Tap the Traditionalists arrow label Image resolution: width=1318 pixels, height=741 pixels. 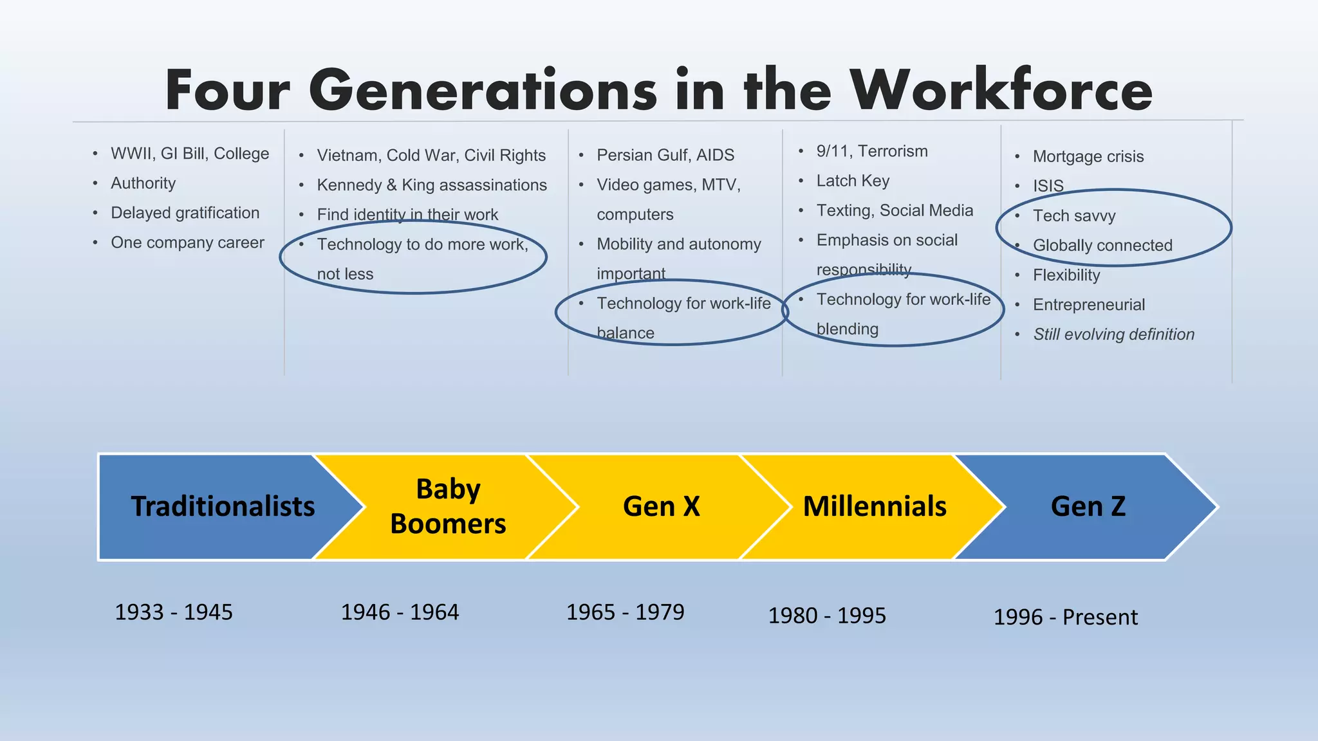pyautogui.click(x=223, y=506)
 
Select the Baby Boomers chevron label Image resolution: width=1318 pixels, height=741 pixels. pyautogui.click(x=448, y=506)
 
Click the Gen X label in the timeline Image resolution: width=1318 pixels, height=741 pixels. pyautogui.click(x=661, y=506)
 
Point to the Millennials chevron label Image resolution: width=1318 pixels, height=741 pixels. pyautogui.click(x=875, y=506)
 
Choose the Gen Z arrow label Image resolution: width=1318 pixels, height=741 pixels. pyautogui.click(x=1088, y=506)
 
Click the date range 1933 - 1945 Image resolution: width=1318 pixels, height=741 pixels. pyautogui.click(x=174, y=612)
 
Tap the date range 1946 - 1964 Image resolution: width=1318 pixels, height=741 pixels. pyautogui.click(x=400, y=612)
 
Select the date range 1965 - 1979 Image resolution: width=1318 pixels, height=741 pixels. pyautogui.click(x=625, y=612)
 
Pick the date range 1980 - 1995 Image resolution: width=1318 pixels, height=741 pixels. pyautogui.click(x=827, y=616)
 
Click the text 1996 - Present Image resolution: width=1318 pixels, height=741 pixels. pyautogui.click(x=1065, y=617)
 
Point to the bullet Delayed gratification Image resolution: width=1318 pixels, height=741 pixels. pyautogui.click(x=185, y=213)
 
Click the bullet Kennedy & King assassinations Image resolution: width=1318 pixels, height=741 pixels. pyautogui.click(x=431, y=185)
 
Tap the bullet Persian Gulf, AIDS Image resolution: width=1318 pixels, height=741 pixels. pyautogui.click(x=665, y=155)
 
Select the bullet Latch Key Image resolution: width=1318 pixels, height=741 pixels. pyautogui.click(x=853, y=181)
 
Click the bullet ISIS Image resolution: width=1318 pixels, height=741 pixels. pyautogui.click(x=1048, y=186)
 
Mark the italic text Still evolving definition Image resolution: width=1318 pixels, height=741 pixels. pyautogui.click(x=1113, y=334)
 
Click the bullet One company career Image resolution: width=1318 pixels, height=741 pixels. pyautogui.click(x=187, y=242)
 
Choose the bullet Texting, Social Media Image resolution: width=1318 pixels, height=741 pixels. pyautogui.click(x=895, y=210)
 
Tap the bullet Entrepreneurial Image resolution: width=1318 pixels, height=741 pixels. pyautogui.click(x=1088, y=305)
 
